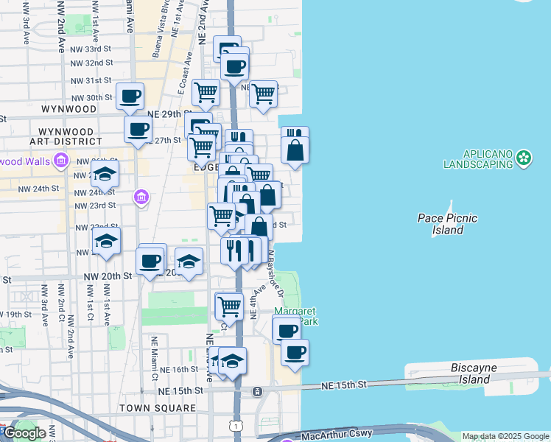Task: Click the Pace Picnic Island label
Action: pos(447,224)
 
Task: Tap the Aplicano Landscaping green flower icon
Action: pos(524,157)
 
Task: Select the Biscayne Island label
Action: pos(470,373)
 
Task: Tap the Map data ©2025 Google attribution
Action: pos(505,437)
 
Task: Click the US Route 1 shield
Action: pos(234,426)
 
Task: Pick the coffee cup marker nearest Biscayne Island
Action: pos(295,352)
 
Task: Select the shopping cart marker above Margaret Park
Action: pos(229,305)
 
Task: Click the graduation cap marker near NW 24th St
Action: pos(105,175)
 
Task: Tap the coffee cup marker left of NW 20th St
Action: pos(151,261)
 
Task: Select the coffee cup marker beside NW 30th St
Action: pos(130,97)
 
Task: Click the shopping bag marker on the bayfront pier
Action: pos(295,151)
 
